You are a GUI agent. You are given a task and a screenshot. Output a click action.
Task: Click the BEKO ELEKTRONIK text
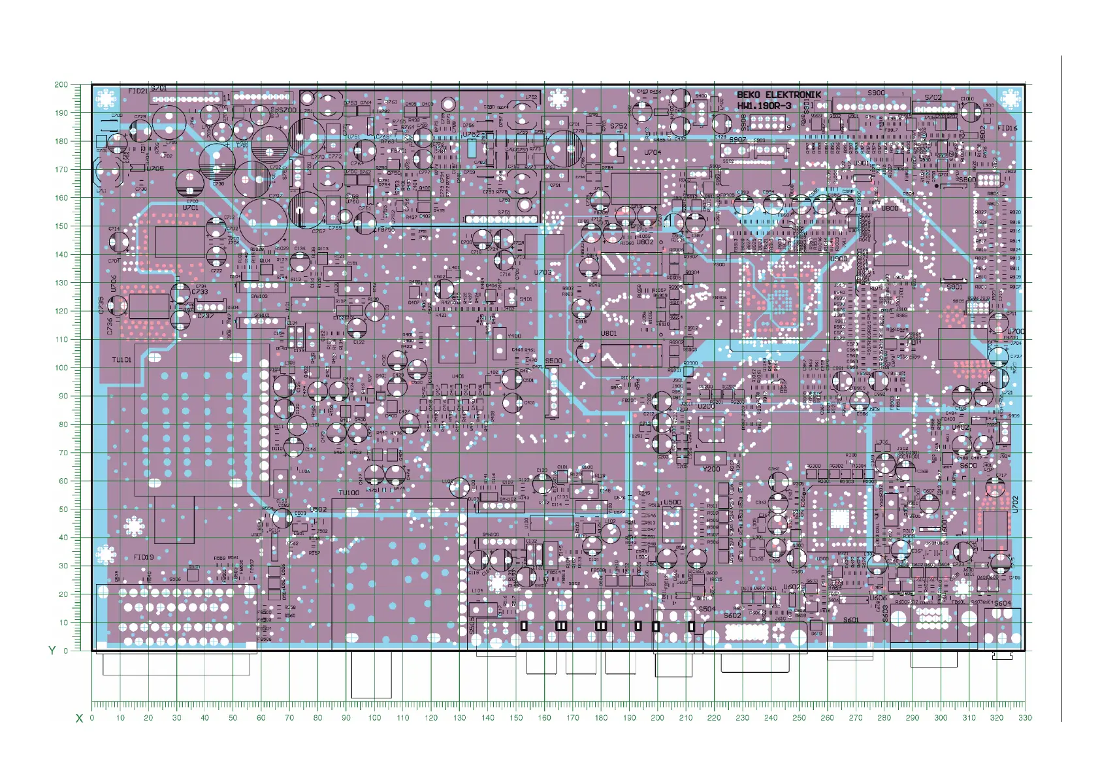[779, 95]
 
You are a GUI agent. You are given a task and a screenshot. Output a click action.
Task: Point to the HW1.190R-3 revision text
[764, 106]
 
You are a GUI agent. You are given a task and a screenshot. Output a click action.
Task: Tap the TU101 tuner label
[121, 360]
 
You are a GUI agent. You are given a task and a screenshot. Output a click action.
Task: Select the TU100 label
[349, 493]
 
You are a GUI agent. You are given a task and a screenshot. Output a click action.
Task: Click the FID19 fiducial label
[143, 557]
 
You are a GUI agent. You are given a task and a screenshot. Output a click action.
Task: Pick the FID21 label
[138, 91]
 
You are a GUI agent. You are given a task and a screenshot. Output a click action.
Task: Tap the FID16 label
[1007, 128]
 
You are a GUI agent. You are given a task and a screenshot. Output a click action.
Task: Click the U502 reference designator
[318, 510]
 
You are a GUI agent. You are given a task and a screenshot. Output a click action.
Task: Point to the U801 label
[608, 333]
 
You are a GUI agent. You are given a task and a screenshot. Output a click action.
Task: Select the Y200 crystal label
[711, 469]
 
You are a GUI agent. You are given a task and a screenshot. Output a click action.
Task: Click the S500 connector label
[553, 361]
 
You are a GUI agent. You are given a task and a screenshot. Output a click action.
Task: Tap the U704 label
[653, 152]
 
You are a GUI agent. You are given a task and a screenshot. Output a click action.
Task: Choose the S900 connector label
[876, 93]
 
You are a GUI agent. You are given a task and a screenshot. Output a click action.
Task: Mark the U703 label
[543, 272]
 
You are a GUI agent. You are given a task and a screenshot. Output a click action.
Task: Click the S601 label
[850, 620]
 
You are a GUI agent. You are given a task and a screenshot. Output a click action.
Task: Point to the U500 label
[672, 502]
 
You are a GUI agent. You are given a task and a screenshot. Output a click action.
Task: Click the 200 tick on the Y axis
[61, 84]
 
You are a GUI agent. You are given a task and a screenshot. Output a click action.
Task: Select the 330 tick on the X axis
[1024, 717]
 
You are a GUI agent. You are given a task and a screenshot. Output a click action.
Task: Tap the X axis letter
[79, 719]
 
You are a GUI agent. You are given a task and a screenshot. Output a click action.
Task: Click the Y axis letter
[52, 650]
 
